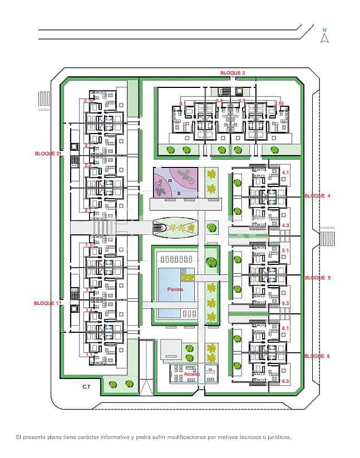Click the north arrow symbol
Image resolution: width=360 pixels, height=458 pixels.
tap(325, 37)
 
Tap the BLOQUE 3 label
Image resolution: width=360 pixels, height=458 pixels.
tap(232, 73)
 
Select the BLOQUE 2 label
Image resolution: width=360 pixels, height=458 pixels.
tap(47, 153)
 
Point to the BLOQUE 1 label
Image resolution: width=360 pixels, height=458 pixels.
tap(47, 303)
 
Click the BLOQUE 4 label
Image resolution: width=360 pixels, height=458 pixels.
tap(317, 196)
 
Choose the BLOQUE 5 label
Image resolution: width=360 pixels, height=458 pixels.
tap(317, 277)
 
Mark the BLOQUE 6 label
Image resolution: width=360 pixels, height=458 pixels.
tap(317, 356)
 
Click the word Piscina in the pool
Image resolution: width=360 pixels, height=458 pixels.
tap(175, 290)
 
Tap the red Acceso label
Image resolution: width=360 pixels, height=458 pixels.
tap(192, 374)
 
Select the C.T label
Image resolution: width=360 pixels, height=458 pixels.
tap(86, 386)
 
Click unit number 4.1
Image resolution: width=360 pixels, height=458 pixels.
tap(285, 174)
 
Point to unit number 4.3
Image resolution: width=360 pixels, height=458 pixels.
tap(285, 225)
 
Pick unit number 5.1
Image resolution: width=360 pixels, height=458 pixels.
tap(285, 251)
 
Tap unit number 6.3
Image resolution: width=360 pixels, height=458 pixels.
tap(285, 381)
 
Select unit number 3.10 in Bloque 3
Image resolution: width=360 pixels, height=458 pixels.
tap(279, 103)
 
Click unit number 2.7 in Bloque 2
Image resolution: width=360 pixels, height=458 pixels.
tap(88, 145)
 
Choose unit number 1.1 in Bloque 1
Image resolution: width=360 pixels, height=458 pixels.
tap(88, 354)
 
